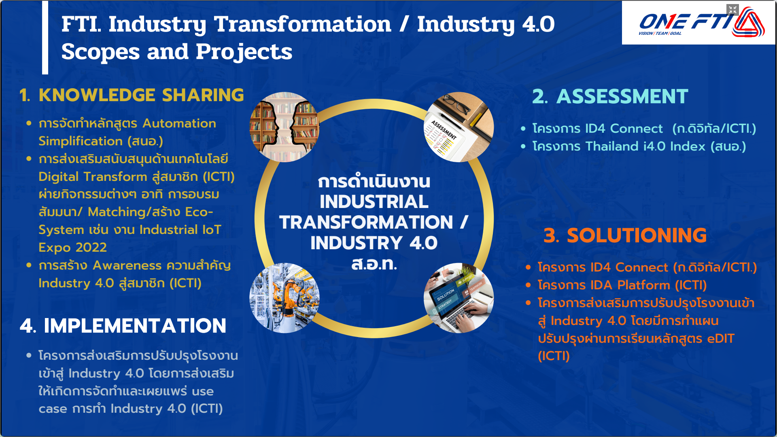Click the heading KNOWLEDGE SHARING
pyautogui.click(x=141, y=95)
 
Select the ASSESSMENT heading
pyautogui.click(x=622, y=97)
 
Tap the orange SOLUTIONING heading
pyautogui.click(x=637, y=235)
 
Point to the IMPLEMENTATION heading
pyautogui.click(x=135, y=326)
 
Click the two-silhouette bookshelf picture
pyautogui.click(x=284, y=127)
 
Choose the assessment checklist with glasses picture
pyautogui.click(x=459, y=127)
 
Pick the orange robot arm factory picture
pyautogui.click(x=284, y=298)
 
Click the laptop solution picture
pyautogui.click(x=459, y=298)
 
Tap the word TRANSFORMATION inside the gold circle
pyautogui.click(x=366, y=222)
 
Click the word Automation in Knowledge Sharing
pyautogui.click(x=179, y=123)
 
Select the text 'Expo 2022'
pyautogui.click(x=72, y=247)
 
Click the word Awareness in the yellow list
pyautogui.click(x=127, y=265)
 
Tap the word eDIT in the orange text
pyautogui.click(x=721, y=339)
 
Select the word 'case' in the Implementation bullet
pyautogui.click(x=53, y=409)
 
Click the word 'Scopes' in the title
pyautogui.click(x=101, y=52)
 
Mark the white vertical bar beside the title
pyautogui.click(x=45, y=37)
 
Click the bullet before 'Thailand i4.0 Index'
pyautogui.click(x=523, y=146)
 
